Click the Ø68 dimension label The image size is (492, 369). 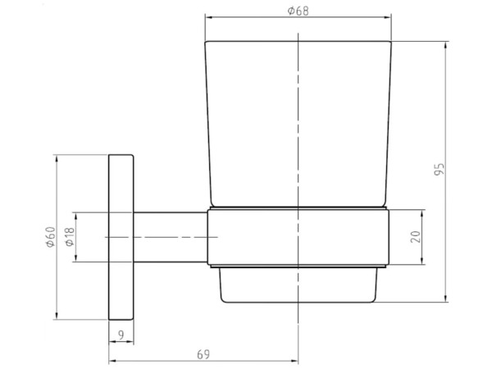pyautogui.click(x=298, y=11)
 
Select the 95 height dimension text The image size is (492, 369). pyautogui.click(x=440, y=170)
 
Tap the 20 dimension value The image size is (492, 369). pyautogui.click(x=415, y=237)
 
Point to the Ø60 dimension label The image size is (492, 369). pyautogui.click(x=51, y=237)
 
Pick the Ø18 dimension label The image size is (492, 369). pyautogui.click(x=70, y=237)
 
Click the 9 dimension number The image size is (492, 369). pyautogui.click(x=121, y=335)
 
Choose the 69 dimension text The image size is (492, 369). pyautogui.click(x=203, y=354)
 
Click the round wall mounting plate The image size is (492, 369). pyautogui.click(x=121, y=237)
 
